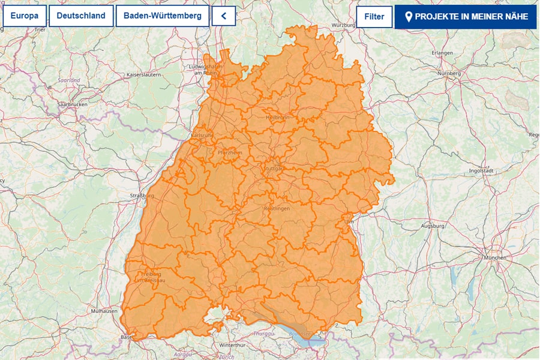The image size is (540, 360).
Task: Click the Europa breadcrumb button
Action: [x=25, y=16]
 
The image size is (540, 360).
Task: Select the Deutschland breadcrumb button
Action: [x=81, y=16]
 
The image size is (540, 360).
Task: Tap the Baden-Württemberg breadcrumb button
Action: [x=162, y=16]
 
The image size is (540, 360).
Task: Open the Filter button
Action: [x=374, y=17]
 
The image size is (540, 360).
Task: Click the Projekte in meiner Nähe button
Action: [x=466, y=17]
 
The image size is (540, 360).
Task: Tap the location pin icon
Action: [x=409, y=17]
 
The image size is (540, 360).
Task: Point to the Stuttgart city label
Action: [x=273, y=169]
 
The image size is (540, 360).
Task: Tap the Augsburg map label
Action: [x=433, y=226]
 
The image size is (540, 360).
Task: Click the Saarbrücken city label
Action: [x=72, y=104]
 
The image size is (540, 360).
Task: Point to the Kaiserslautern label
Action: [x=143, y=74]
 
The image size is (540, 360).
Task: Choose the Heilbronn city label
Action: [x=277, y=118]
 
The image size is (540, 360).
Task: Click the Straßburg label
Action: [x=142, y=196]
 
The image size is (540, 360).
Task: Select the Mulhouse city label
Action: [x=104, y=311]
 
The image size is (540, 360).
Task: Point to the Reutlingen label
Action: [x=277, y=208]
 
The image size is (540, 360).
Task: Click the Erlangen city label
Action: [x=442, y=53]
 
